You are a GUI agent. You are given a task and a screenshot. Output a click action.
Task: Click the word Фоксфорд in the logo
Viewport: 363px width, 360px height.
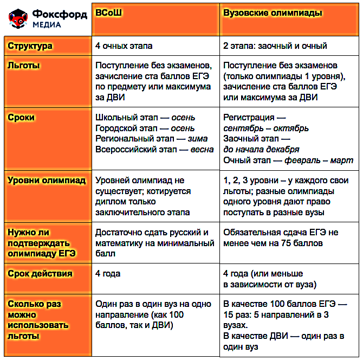coord(60,15)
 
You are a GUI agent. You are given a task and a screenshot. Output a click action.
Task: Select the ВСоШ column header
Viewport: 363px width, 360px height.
coord(107,13)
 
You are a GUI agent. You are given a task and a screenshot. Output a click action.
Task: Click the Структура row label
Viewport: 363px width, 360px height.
coord(30,46)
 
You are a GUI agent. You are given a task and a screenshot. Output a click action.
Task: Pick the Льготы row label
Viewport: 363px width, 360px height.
coord(24,66)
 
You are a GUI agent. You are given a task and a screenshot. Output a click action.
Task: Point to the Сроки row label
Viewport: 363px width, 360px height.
coord(22,117)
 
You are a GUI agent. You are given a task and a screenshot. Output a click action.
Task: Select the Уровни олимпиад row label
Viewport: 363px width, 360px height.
coord(47,181)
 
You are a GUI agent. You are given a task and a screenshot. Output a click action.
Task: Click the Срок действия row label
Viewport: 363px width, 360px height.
coord(40,274)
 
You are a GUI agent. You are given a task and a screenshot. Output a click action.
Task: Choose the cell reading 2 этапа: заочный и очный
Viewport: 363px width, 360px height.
coord(275,46)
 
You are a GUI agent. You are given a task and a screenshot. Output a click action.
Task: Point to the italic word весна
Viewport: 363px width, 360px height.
coord(202,150)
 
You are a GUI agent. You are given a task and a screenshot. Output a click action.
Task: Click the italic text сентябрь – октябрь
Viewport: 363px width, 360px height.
coord(266,128)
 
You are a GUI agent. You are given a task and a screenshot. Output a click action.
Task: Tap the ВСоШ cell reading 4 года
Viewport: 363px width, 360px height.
coord(108,274)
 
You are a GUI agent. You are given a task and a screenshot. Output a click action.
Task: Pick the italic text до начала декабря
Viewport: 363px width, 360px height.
coord(261,150)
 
